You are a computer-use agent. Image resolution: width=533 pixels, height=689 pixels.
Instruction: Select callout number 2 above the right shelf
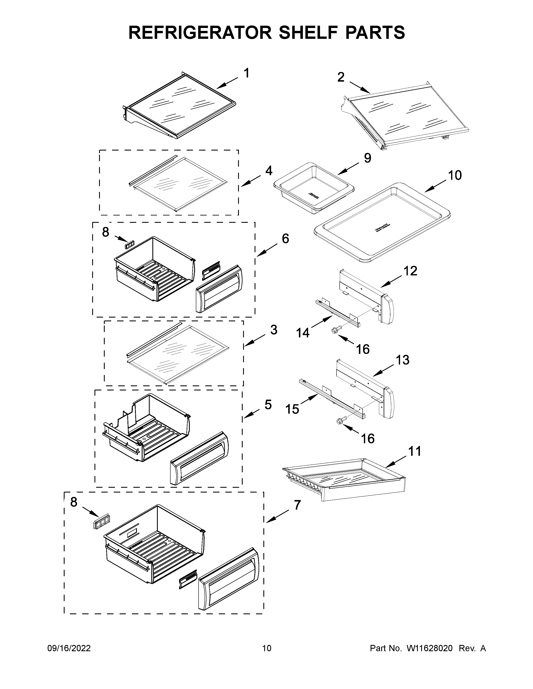(x=341, y=77)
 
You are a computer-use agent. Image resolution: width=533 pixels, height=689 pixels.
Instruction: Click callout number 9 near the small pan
(x=367, y=158)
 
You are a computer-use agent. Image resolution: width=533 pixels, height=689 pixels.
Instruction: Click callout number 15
(x=292, y=409)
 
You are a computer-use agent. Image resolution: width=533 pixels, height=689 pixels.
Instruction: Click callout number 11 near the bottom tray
(x=415, y=451)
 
